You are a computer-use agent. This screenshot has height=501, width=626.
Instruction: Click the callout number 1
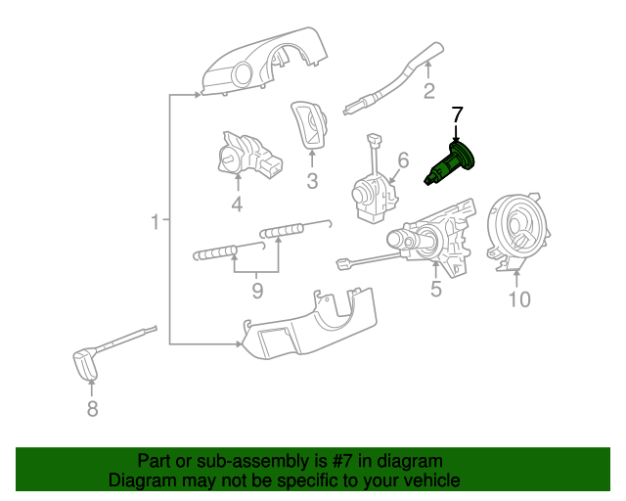(x=154, y=224)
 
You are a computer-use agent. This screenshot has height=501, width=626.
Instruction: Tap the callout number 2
(x=428, y=92)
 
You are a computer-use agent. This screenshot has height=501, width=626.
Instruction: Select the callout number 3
(x=312, y=180)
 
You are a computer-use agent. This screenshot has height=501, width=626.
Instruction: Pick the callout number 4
(x=236, y=204)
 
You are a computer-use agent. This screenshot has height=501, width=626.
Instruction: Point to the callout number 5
(x=436, y=289)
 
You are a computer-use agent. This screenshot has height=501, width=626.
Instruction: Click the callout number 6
(x=401, y=160)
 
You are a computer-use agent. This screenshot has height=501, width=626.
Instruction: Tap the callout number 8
(x=92, y=409)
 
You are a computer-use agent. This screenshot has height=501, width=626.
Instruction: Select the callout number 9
(x=257, y=291)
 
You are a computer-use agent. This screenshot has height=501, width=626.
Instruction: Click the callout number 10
(x=518, y=299)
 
